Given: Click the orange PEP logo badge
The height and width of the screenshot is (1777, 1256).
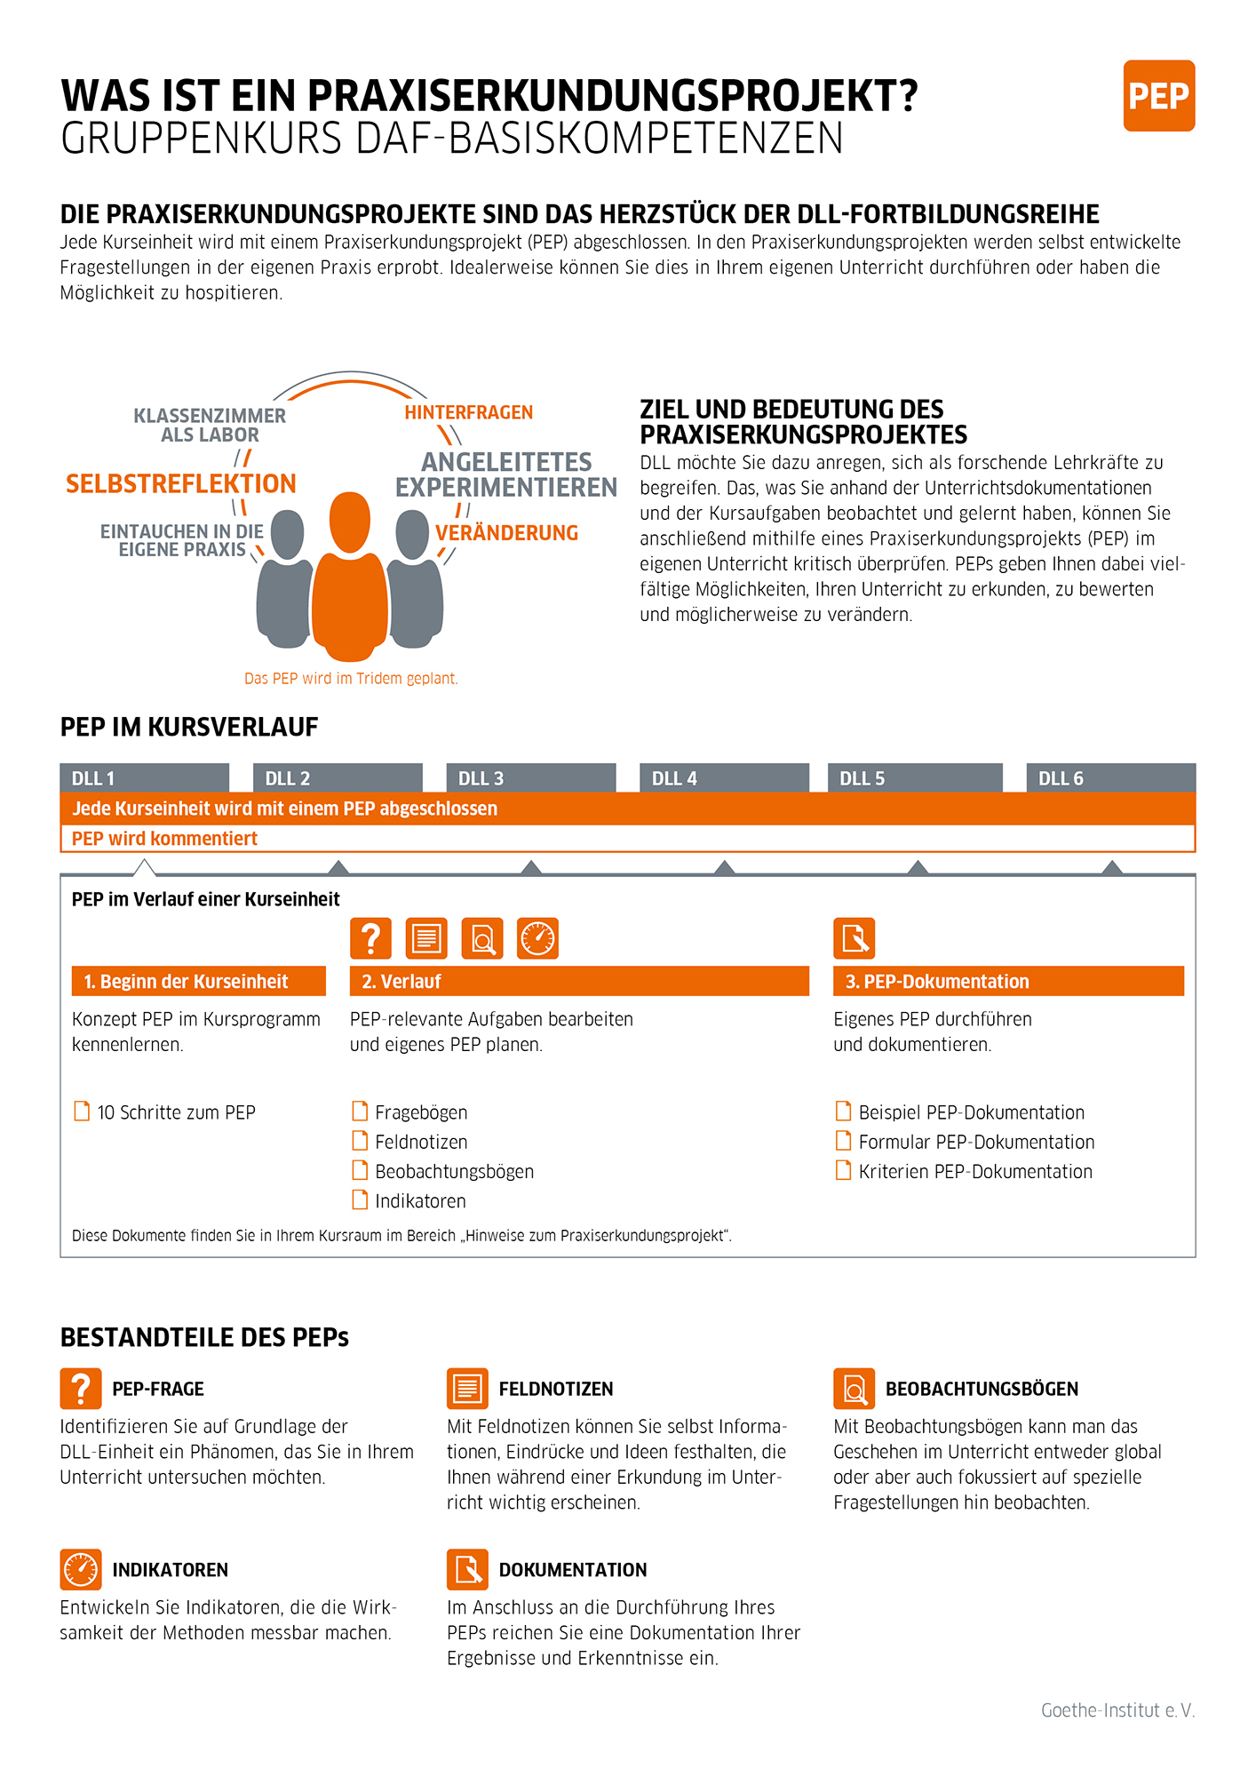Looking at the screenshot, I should click(1158, 96).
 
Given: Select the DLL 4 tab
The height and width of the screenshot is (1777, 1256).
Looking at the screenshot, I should click(724, 778).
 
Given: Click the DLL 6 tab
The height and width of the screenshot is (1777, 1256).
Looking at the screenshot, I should click(1110, 778).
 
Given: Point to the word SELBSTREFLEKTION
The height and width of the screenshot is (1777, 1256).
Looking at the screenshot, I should click(181, 484).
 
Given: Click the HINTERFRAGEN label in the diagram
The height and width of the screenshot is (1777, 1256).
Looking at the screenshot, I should click(468, 412).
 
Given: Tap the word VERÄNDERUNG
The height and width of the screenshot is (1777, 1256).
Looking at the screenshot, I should click(506, 533).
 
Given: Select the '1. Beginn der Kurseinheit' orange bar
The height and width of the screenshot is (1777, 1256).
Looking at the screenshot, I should click(198, 981).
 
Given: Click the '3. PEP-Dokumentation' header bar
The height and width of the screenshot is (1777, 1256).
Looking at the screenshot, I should click(1008, 981).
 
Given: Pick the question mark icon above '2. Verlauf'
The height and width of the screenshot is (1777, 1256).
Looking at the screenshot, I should click(370, 938).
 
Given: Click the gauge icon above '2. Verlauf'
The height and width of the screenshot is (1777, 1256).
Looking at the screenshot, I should click(537, 938).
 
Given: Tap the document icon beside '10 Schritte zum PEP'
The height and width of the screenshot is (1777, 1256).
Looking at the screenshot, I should click(82, 1112).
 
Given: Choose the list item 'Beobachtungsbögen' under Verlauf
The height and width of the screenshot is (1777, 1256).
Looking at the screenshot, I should click(454, 1172).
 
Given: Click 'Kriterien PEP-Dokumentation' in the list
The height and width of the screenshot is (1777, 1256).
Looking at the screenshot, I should click(974, 1172).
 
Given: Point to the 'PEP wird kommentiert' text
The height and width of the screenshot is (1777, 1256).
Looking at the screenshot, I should click(164, 839).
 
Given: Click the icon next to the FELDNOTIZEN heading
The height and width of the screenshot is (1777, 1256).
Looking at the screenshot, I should click(467, 1389).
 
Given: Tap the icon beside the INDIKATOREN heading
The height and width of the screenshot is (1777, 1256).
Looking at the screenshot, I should click(81, 1569).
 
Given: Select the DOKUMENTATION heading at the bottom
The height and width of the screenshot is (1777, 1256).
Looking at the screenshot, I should click(573, 1570).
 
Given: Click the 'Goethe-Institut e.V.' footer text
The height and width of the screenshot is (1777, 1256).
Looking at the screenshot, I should click(1117, 1710).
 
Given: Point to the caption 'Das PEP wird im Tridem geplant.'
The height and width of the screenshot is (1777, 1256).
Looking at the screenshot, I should click(351, 679).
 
